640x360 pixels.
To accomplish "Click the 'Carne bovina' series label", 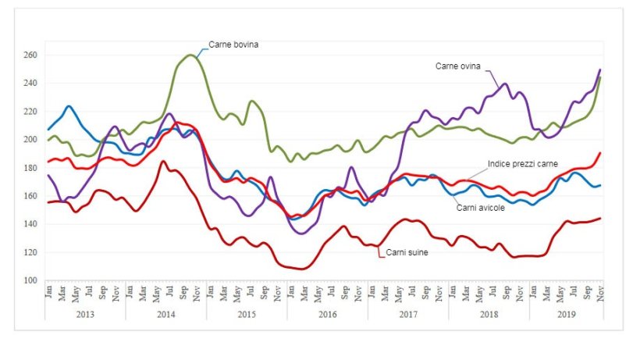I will coord(233,45).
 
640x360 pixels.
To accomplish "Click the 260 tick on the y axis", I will coord(30,55).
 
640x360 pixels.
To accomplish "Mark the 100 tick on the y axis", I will coord(30,280).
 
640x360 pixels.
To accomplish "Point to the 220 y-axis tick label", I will coord(30,112).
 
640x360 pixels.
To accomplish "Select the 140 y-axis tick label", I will coord(30,224).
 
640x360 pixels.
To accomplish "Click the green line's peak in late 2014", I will coord(191,55).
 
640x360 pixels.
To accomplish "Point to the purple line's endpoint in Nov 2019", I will coord(600,70).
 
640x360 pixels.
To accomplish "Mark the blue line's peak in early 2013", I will coord(69,106).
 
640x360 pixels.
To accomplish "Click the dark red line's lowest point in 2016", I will coord(301,269).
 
